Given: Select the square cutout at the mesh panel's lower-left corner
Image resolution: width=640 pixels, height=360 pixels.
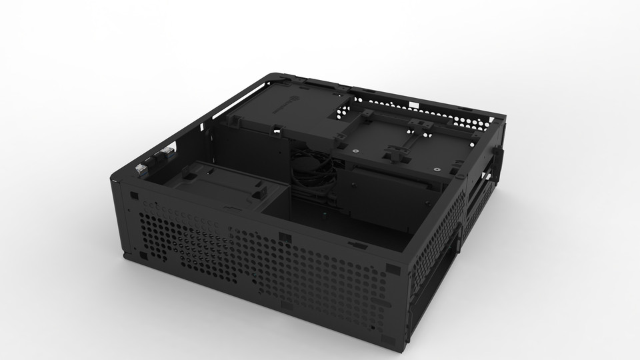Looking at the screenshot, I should (x=141, y=254).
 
